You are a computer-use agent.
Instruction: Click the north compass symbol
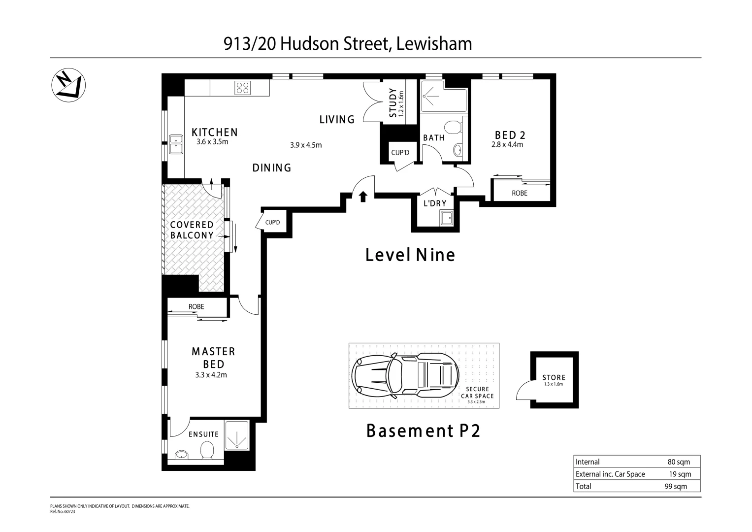pyautogui.click(x=68, y=85)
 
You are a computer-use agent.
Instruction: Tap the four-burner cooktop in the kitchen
pyautogui.click(x=242, y=88)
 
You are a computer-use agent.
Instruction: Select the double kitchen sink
pyautogui.click(x=175, y=145)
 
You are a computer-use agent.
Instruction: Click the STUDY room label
pyautogui.click(x=393, y=102)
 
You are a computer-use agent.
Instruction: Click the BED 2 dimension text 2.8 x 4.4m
pyautogui.click(x=507, y=145)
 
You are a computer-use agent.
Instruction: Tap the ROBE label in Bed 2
pyautogui.click(x=519, y=193)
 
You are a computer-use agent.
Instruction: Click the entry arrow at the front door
pyautogui.click(x=363, y=197)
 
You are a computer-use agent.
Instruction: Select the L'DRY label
pyautogui.click(x=435, y=203)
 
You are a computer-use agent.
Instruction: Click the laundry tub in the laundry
pyautogui.click(x=447, y=218)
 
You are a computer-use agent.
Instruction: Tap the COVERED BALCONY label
pyautogui.click(x=192, y=230)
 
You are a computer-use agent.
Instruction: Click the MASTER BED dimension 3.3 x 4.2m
pyautogui.click(x=211, y=375)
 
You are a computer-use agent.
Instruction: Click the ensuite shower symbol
pyautogui.click(x=237, y=435)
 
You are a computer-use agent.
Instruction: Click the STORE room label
pyautogui.click(x=554, y=378)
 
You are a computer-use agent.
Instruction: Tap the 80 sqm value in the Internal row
pyautogui.click(x=679, y=462)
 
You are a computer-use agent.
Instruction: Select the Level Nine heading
pyautogui.click(x=410, y=255)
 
